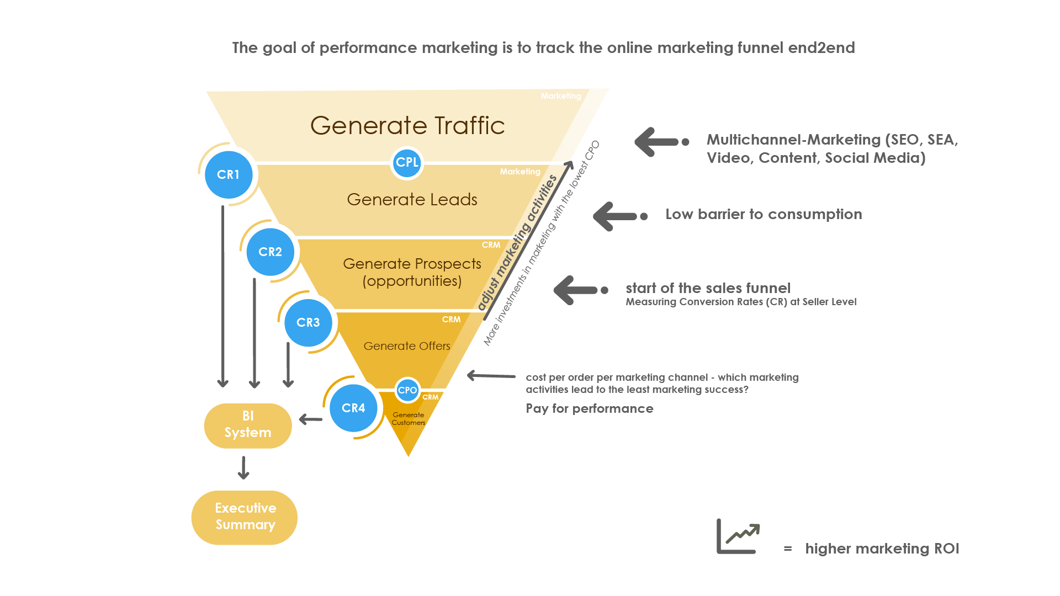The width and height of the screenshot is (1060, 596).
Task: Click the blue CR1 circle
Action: click(x=228, y=174)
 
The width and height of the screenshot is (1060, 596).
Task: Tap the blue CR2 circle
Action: click(x=270, y=252)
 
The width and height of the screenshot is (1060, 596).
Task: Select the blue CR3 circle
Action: click(x=308, y=322)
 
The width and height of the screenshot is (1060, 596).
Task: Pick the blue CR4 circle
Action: click(x=353, y=408)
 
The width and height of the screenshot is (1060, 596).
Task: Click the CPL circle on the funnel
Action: click(x=407, y=162)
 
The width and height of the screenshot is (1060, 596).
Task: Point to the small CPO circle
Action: click(x=407, y=390)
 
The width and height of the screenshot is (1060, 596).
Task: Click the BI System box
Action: click(x=248, y=425)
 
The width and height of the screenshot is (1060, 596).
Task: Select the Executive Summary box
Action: click(x=245, y=517)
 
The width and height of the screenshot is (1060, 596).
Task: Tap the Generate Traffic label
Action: click(x=407, y=125)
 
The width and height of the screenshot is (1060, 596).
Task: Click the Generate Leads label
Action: click(x=412, y=199)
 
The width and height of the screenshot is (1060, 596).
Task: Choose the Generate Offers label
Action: click(x=407, y=346)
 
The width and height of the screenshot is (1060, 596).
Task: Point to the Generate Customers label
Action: click(x=409, y=419)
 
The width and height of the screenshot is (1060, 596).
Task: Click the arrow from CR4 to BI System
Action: click(x=310, y=420)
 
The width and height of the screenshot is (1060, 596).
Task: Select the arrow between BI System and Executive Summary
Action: click(x=243, y=468)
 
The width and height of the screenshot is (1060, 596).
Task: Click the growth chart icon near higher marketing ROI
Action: click(x=739, y=536)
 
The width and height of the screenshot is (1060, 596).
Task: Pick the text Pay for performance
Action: click(x=590, y=408)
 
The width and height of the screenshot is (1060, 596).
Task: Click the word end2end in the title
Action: click(x=821, y=48)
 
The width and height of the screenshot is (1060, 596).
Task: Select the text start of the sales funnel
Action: click(x=708, y=288)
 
